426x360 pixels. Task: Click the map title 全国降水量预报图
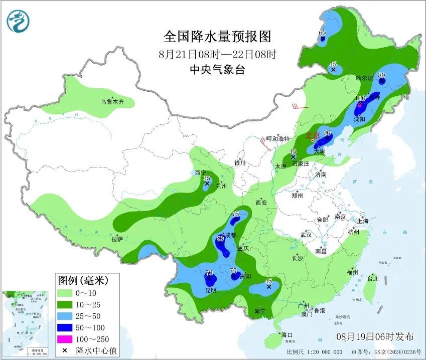coord(217,37)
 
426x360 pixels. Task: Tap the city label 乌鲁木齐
coord(111,102)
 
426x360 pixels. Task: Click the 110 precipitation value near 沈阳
coord(360,98)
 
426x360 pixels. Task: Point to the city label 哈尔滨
coord(365,78)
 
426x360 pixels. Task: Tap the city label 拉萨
coord(117,239)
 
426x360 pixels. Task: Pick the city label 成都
coord(229,235)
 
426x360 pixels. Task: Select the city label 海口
coord(287,334)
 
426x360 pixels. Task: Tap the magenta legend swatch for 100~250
coord(65,339)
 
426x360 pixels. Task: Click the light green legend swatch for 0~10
coord(65,293)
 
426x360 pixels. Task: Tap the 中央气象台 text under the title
coord(217,70)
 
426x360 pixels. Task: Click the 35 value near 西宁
coord(206,178)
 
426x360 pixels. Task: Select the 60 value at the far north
coord(323,33)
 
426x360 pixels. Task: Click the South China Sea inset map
coord(24,323)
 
